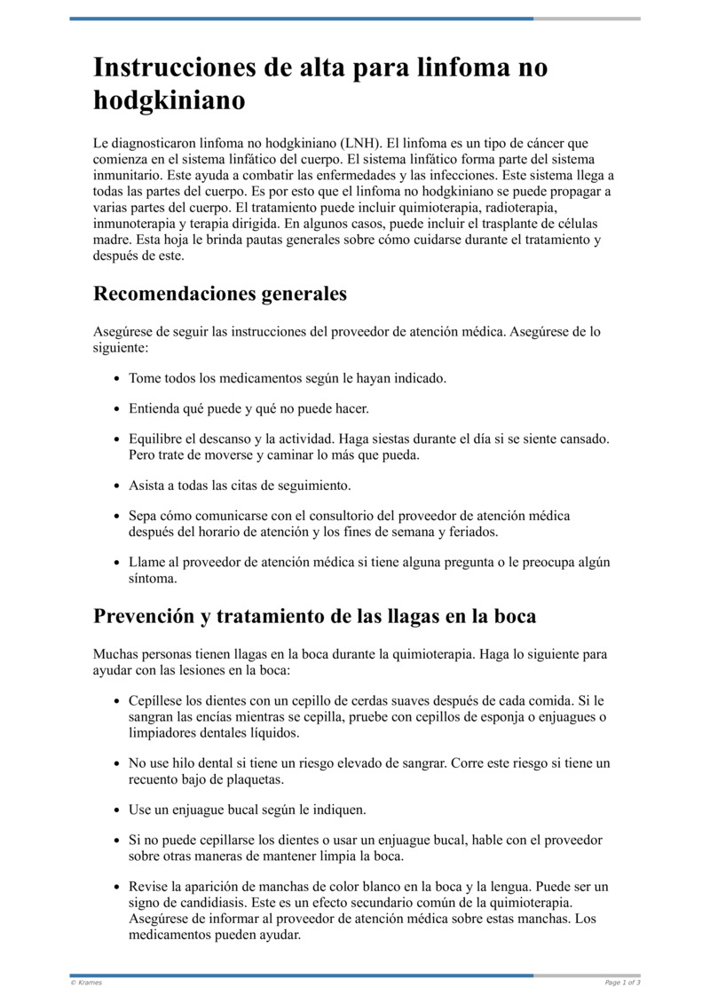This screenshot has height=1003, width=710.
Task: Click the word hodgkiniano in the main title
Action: [169, 100]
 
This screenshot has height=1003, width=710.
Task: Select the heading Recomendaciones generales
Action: [219, 293]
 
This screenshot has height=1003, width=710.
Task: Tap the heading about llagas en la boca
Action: [314, 616]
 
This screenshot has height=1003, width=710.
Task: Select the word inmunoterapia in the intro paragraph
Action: [134, 224]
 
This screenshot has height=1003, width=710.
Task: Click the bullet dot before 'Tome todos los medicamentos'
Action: [117, 379]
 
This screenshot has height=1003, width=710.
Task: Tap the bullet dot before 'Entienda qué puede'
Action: [117, 409]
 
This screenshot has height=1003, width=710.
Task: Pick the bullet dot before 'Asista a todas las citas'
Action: [117, 486]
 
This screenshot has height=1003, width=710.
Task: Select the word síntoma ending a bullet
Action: [153, 578]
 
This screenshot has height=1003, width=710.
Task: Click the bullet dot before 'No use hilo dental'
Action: [117, 763]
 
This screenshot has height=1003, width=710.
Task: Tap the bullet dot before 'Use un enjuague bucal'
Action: [117, 810]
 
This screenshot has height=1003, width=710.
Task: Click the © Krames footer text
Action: [87, 983]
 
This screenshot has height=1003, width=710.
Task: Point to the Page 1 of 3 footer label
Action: [622, 983]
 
